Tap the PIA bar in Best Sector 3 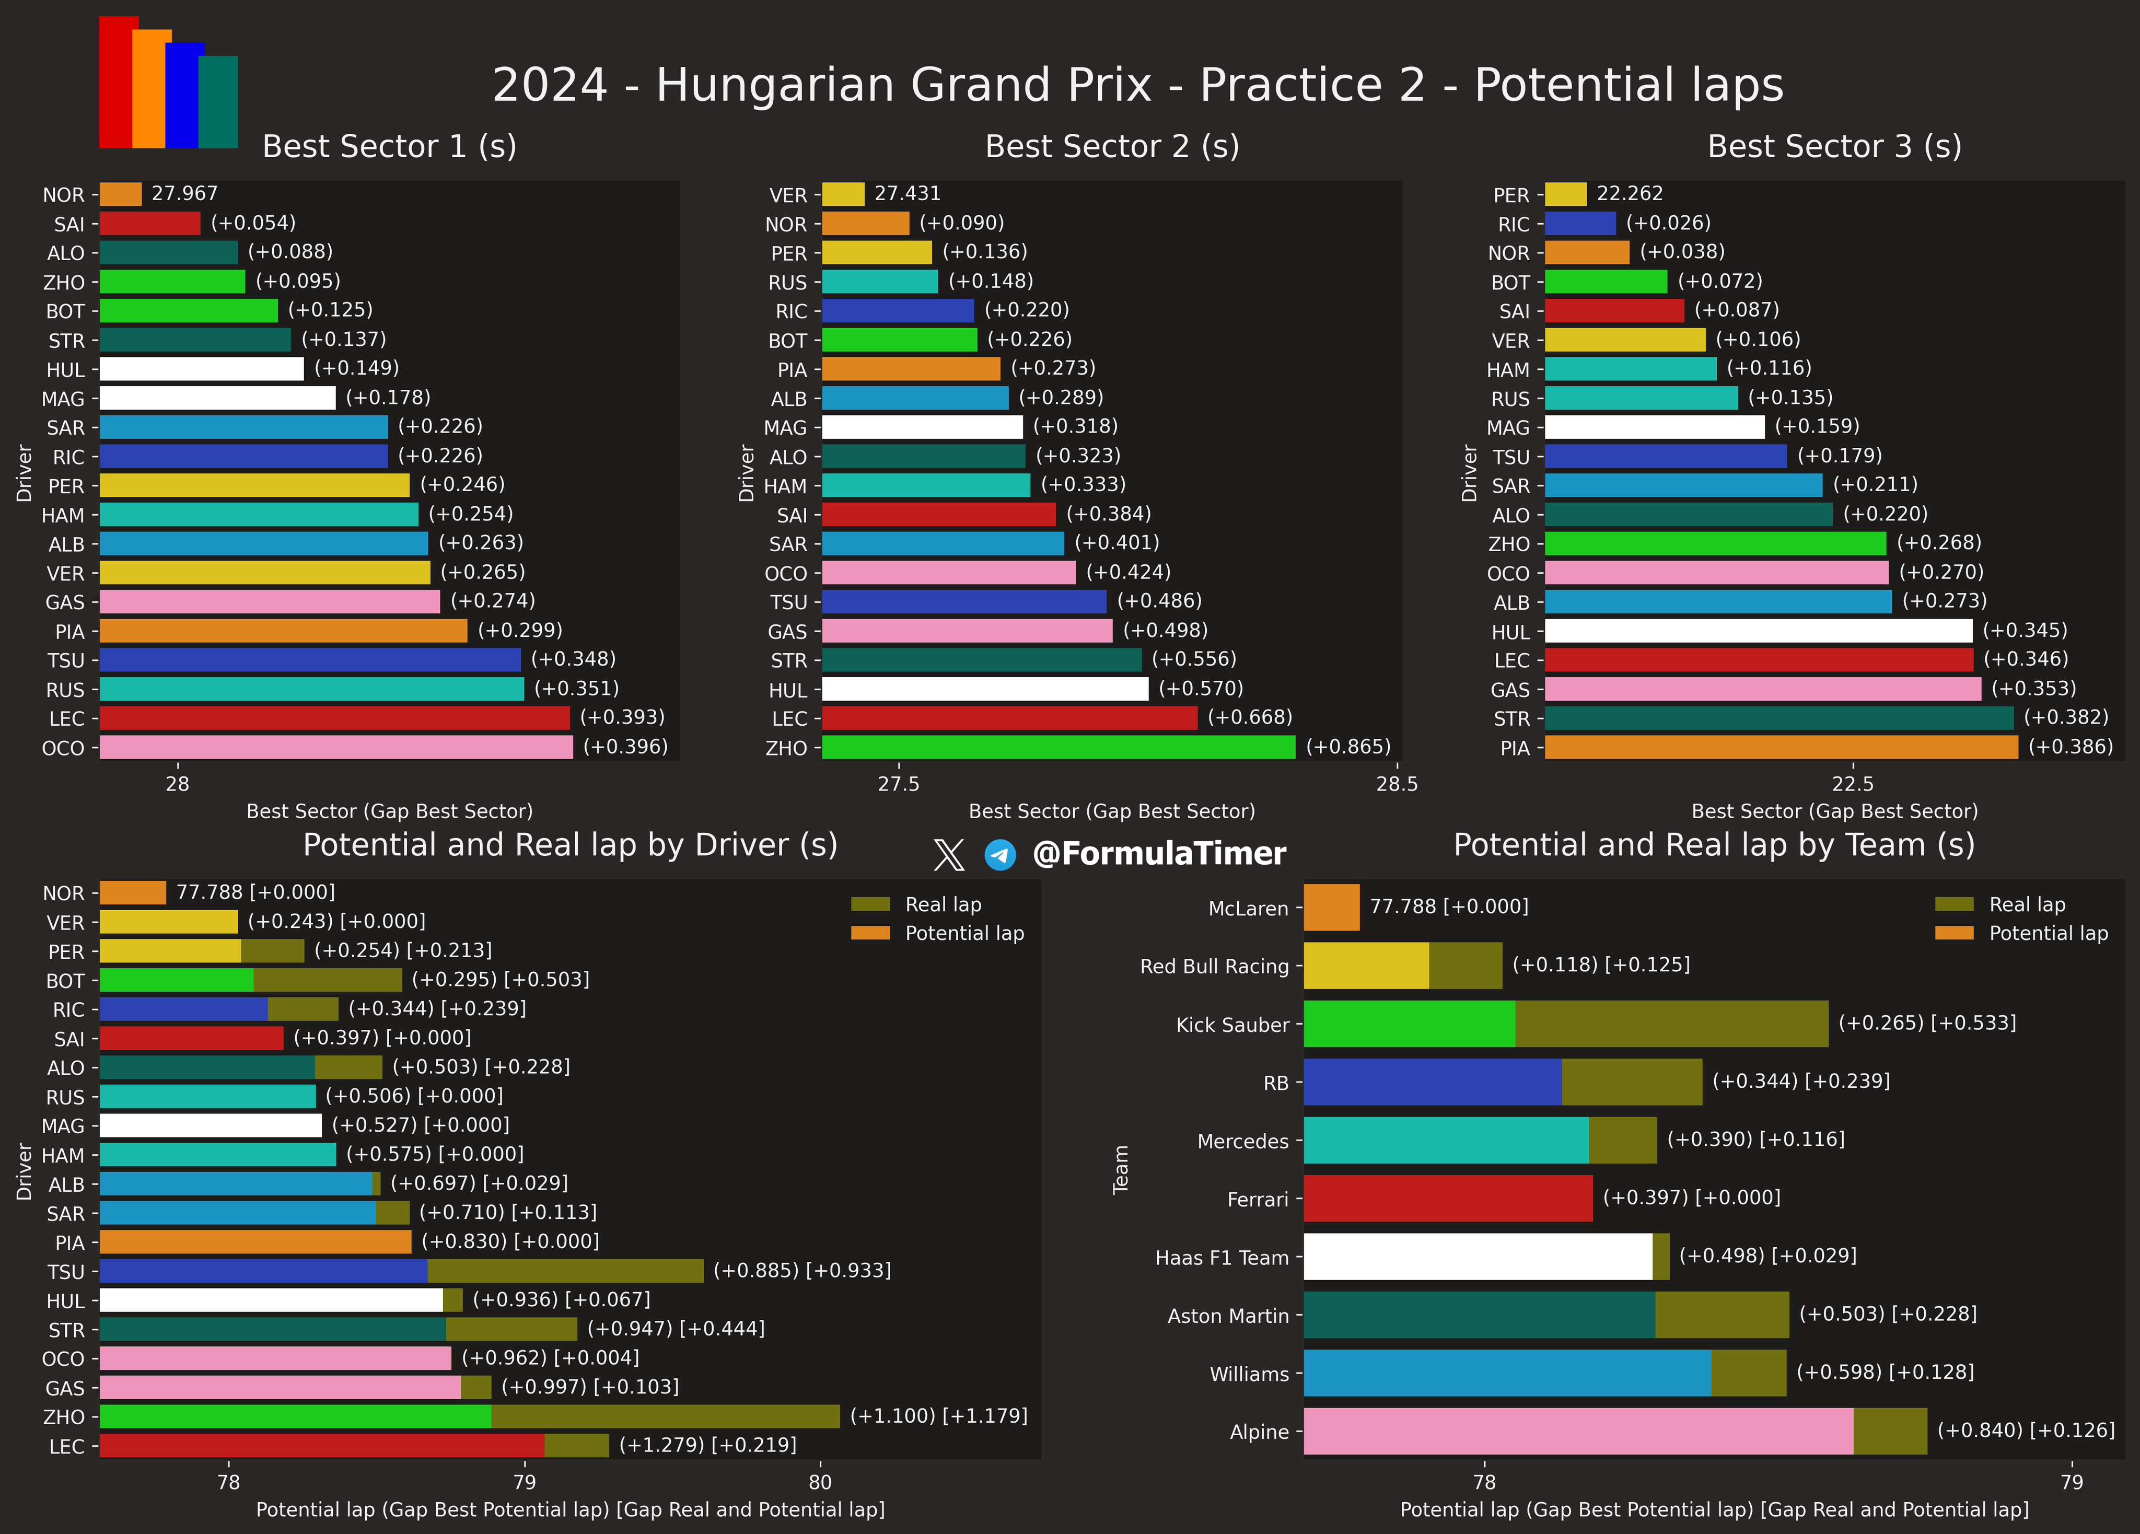click(x=1781, y=747)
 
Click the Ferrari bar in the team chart click(x=1447, y=1198)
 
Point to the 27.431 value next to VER click(x=907, y=193)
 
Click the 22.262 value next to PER click(x=1630, y=193)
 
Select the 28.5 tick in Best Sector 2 click(x=1397, y=784)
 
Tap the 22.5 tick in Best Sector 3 click(x=1852, y=784)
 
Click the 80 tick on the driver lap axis click(x=820, y=1482)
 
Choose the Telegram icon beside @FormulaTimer click(x=1000, y=855)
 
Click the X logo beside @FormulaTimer click(x=948, y=855)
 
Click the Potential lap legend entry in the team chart click(x=2048, y=933)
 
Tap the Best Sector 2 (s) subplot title click(x=1111, y=146)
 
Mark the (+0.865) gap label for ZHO click(x=1347, y=747)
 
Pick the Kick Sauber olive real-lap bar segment click(x=1671, y=1024)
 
